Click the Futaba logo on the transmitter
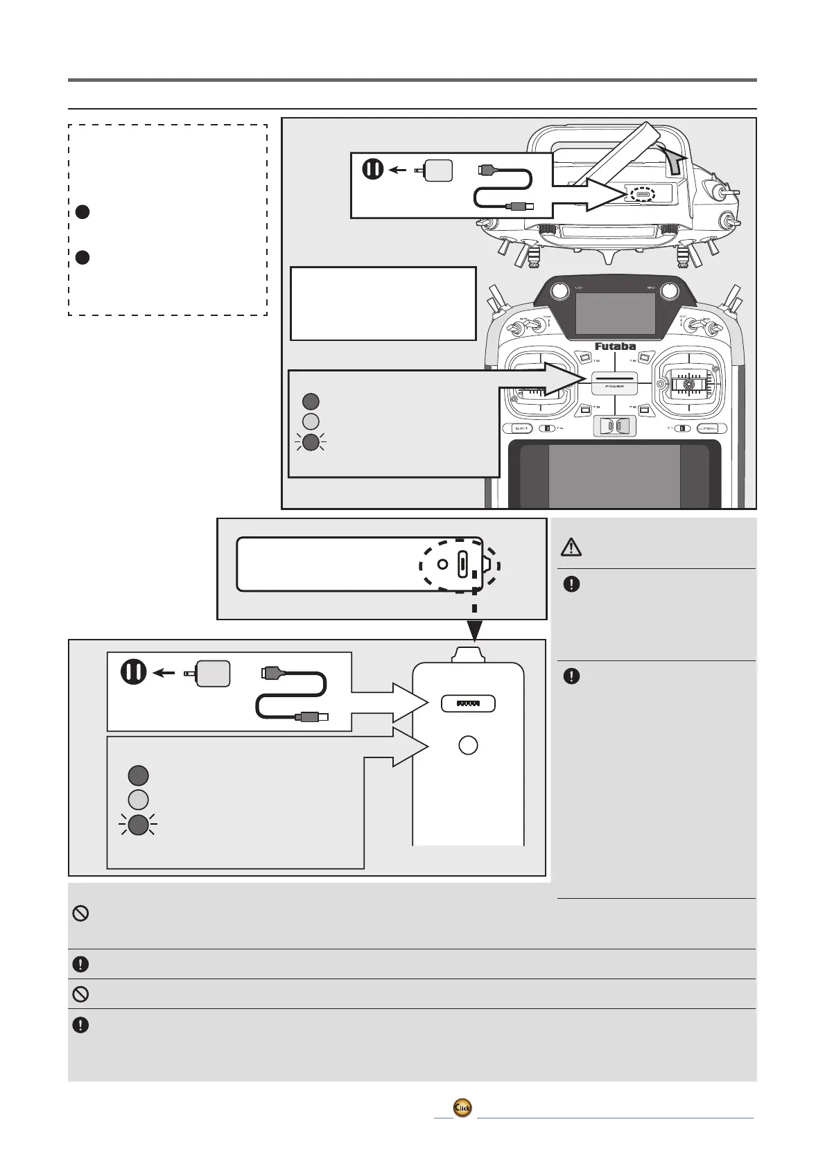click(x=615, y=346)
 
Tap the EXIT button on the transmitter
click(x=521, y=428)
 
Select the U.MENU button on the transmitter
click(x=711, y=428)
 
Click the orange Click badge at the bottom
click(x=462, y=1108)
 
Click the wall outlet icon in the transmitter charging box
click(x=373, y=169)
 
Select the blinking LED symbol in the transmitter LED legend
click(x=311, y=442)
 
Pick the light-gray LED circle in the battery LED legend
click(x=139, y=800)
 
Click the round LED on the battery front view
click(x=469, y=745)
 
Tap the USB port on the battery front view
click(x=469, y=703)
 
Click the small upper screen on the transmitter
click(x=615, y=313)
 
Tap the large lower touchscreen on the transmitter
click(x=614, y=475)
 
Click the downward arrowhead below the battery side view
click(x=474, y=630)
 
